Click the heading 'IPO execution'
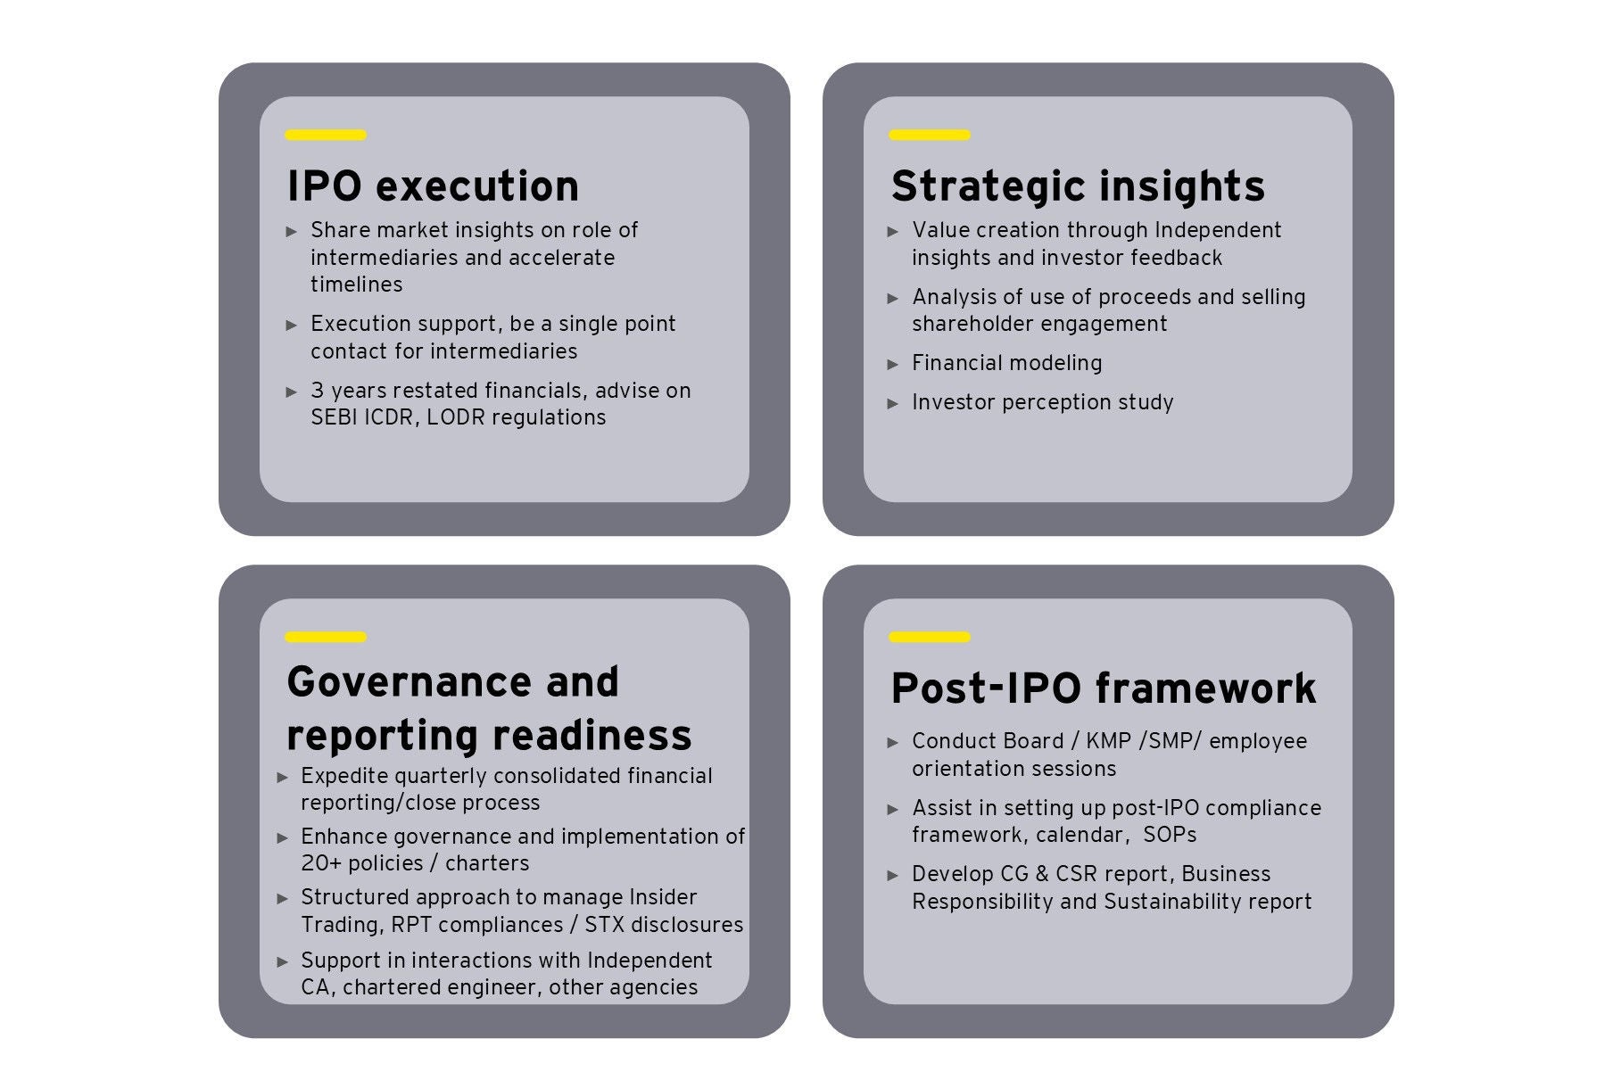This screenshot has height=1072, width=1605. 433,186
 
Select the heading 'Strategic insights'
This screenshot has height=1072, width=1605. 1078,186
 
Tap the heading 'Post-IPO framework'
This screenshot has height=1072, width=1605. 1104,688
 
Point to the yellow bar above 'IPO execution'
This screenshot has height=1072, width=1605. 326,136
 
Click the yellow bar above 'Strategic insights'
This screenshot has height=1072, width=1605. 930,136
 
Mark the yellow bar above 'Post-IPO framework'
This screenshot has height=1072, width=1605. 930,638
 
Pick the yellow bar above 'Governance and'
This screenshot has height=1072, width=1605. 326,638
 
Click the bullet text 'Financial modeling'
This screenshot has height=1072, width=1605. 1007,364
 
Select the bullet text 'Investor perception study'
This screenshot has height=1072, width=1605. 1043,403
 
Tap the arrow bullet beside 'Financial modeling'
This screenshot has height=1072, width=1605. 893,365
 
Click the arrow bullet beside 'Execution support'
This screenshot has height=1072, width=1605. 292,326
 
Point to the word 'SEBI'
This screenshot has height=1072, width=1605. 333,417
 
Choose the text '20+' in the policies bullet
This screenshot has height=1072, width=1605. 321,863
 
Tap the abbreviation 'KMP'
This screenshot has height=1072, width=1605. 1110,741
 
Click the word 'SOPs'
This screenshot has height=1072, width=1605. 1170,835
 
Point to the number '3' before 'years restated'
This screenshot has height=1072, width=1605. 317,391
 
